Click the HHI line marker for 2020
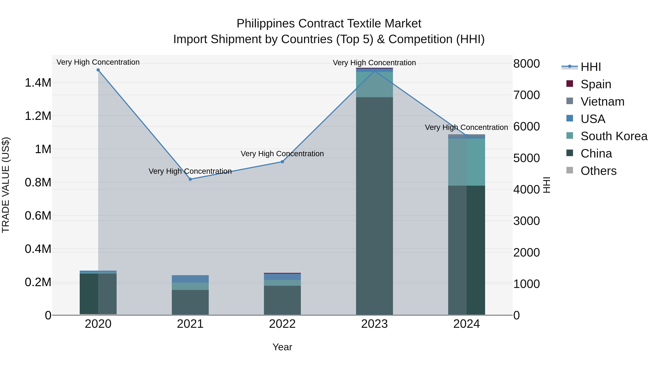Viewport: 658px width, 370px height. coord(98,70)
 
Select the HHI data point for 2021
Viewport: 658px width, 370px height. coord(190,179)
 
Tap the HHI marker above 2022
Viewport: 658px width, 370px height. coord(282,162)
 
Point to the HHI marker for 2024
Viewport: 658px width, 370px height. coord(466,136)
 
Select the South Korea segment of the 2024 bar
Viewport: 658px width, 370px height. coord(466,162)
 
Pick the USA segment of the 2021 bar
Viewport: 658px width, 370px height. coord(190,279)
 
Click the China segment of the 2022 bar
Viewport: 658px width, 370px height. coord(282,300)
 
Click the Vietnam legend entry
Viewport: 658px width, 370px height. coord(602,101)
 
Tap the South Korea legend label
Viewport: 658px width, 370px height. coord(614,136)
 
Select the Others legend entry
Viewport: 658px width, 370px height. coord(598,171)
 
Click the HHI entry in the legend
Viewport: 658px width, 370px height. coord(590,67)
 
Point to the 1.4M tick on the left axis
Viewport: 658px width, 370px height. coord(38,83)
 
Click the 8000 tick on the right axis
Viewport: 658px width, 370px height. coord(526,64)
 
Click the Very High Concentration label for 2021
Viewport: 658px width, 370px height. coord(190,171)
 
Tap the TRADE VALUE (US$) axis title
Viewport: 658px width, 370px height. coord(6,185)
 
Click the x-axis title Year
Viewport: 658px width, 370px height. coord(282,347)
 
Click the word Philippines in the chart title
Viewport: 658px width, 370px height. coord(266,24)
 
